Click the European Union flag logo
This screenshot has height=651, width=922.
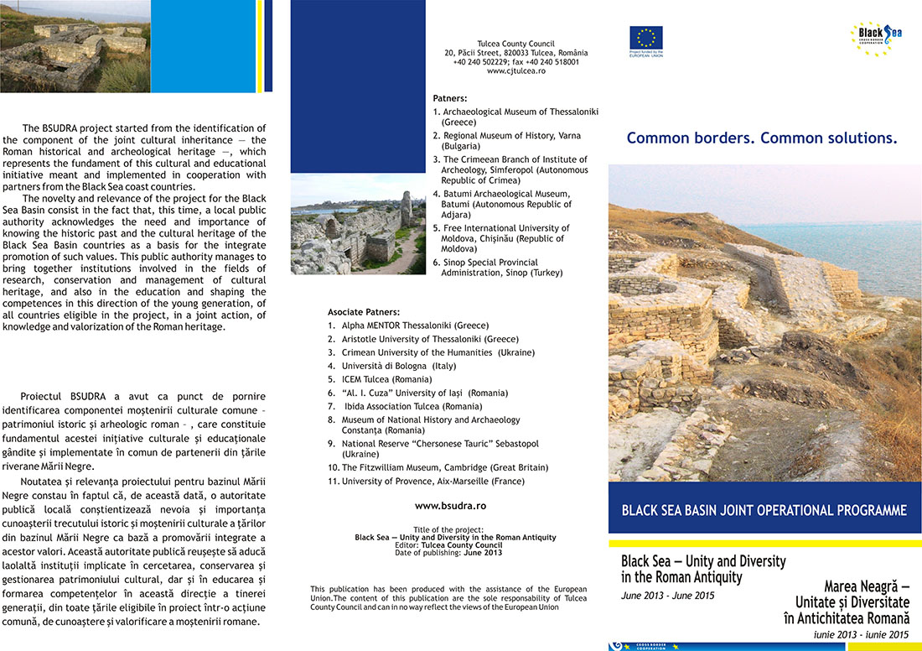(646, 38)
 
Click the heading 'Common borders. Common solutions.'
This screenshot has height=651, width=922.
(762, 138)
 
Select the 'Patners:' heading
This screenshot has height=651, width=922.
(450, 98)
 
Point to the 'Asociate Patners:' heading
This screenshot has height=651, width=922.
(364, 312)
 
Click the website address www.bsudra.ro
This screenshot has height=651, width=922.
(450, 506)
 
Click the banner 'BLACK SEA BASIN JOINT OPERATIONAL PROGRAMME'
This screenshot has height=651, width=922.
(764, 510)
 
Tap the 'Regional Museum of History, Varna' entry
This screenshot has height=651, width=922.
(511, 136)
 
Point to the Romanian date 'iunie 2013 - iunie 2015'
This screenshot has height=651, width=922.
(861, 634)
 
